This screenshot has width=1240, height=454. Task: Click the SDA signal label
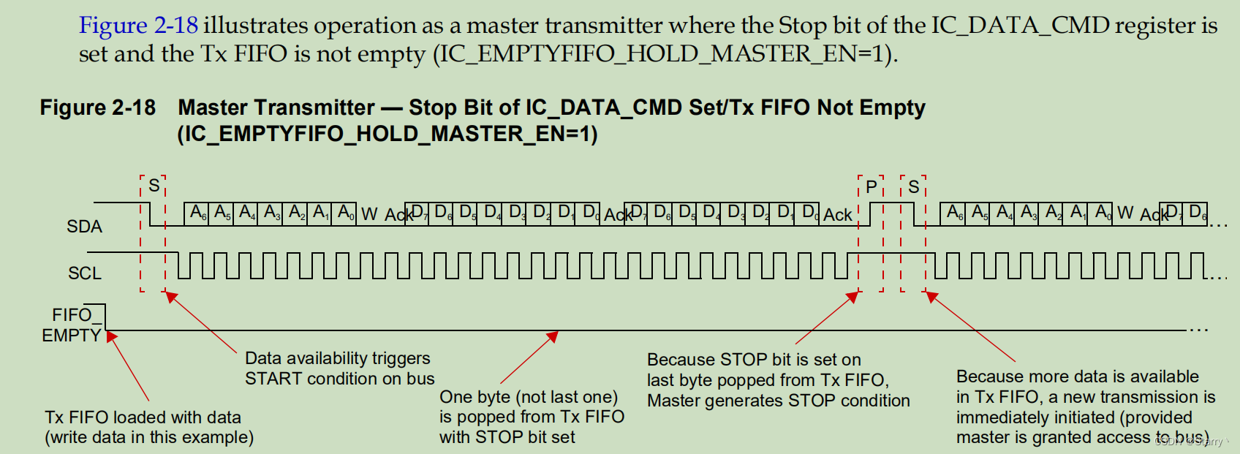pyautogui.click(x=84, y=227)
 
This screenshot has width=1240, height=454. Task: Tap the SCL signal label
pyautogui.click(x=84, y=273)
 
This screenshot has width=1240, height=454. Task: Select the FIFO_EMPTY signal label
pyautogui.click(x=72, y=325)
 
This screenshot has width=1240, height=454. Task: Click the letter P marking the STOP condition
pyautogui.click(x=871, y=187)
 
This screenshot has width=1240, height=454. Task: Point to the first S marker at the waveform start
pyautogui.click(x=154, y=186)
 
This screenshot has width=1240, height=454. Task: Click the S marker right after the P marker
pyautogui.click(x=913, y=187)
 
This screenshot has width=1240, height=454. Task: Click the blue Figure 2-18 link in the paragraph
pyautogui.click(x=138, y=26)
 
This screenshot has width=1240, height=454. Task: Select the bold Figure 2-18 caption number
pyautogui.click(x=97, y=108)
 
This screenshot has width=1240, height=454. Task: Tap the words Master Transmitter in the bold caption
pyautogui.click(x=276, y=108)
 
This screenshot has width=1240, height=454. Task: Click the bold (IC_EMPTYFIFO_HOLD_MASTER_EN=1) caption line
pyautogui.click(x=387, y=135)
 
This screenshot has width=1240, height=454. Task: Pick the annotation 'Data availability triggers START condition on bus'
pyautogui.click(x=339, y=368)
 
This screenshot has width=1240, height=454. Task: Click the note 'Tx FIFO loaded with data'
pyautogui.click(x=143, y=417)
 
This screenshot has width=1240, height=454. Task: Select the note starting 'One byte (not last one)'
pyautogui.click(x=532, y=417)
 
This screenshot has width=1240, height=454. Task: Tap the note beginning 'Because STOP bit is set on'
pyautogui.click(x=778, y=380)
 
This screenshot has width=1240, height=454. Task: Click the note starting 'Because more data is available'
pyautogui.click(x=1085, y=407)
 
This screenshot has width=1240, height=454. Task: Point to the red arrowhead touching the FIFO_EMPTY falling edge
pyautogui.click(x=111, y=336)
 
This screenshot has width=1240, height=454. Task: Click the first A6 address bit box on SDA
pyautogui.click(x=197, y=213)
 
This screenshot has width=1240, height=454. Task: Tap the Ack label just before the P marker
pyautogui.click(x=837, y=215)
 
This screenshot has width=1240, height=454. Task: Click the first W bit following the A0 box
pyautogui.click(x=369, y=214)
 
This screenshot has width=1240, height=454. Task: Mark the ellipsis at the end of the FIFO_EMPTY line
pyautogui.click(x=1198, y=330)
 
